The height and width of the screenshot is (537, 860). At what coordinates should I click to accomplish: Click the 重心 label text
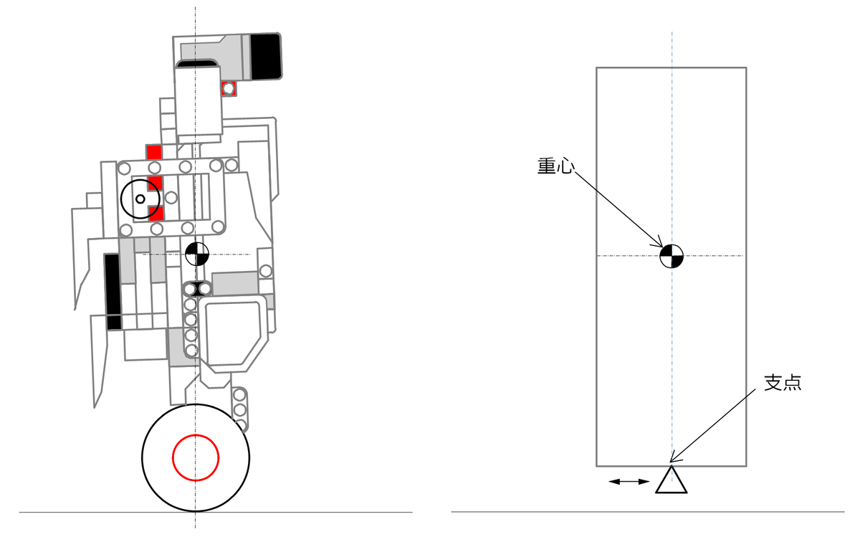555,166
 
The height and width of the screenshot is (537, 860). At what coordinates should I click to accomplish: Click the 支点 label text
783,383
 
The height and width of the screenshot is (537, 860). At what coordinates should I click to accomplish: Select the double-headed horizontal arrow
629,481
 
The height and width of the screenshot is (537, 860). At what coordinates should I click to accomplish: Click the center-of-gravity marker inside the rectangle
672,256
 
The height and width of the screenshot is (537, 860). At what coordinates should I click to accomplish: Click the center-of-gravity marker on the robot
197,254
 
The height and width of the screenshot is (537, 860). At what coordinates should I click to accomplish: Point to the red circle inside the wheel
196,457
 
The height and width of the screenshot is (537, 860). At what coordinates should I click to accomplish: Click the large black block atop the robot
266,57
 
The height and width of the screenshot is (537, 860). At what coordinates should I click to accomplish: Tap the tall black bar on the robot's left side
113,292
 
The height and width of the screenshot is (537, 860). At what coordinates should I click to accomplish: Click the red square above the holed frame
154,152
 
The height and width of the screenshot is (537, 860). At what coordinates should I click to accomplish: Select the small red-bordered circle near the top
229,89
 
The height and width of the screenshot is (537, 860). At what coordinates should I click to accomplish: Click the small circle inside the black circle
140,199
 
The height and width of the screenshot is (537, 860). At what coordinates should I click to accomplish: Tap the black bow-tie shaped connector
197,288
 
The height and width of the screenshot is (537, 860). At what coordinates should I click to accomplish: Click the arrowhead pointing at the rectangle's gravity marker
657,242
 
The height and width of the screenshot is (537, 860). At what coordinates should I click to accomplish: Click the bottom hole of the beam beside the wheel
241,426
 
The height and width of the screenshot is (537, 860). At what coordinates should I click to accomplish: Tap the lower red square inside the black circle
156,213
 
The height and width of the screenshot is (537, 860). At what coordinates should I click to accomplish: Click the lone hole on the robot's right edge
266,271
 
